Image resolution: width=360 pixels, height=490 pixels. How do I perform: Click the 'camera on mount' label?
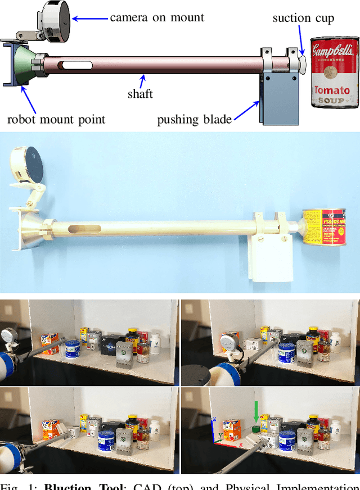point(157,17)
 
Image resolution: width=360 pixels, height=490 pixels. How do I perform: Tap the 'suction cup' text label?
point(303,18)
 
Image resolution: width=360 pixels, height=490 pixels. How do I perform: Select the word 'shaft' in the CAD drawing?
point(140,94)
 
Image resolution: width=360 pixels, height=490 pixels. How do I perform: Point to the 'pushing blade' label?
point(194,119)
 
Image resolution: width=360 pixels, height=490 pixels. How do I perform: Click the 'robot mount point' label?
point(56,119)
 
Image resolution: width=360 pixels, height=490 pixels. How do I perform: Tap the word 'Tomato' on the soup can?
point(332,90)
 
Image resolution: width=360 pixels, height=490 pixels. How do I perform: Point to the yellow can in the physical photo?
point(323,227)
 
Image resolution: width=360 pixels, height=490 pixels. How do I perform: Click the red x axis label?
point(241,445)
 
